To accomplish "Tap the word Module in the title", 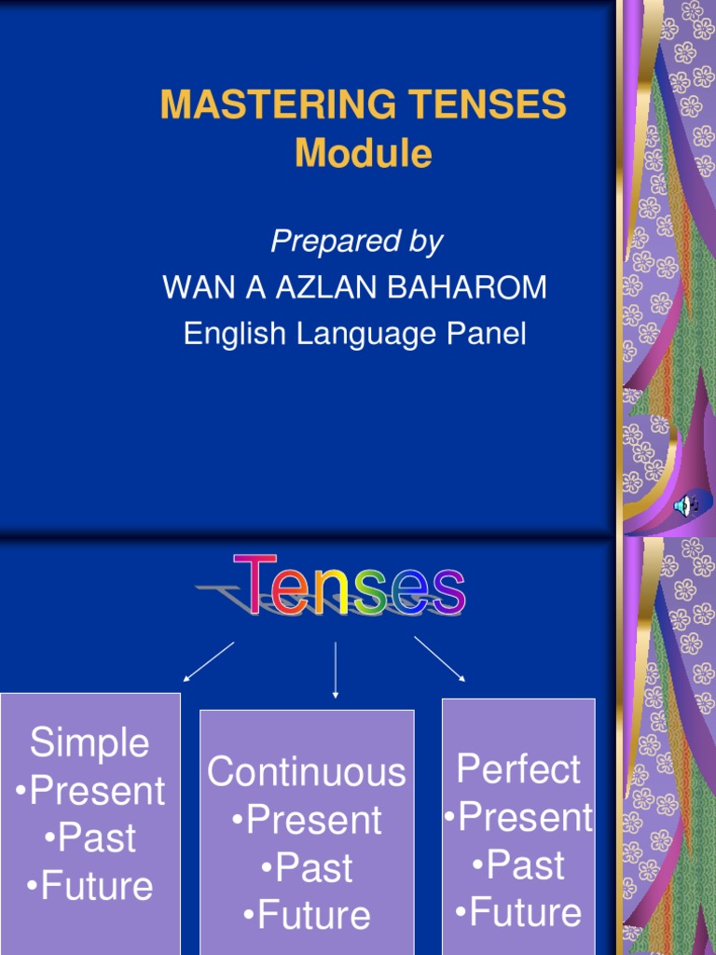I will [363, 154].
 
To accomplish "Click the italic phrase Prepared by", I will [356, 242].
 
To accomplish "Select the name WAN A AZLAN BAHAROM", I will [355, 288].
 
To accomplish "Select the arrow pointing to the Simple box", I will [209, 661].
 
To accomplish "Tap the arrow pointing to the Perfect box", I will [439, 659].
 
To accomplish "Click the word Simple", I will [89, 743].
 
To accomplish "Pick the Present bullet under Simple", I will [90, 792].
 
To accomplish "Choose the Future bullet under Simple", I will [90, 886].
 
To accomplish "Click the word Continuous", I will [307, 772].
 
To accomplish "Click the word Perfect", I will [518, 769].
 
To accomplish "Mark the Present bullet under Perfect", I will [518, 818].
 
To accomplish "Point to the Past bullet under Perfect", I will [518, 865].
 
